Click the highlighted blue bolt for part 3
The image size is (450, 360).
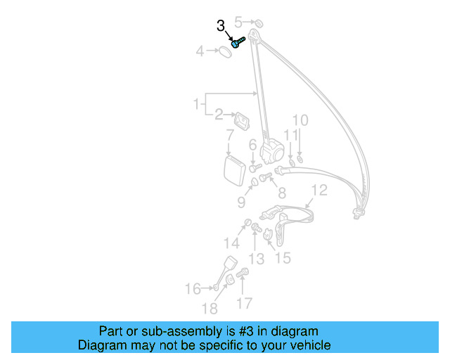[x=238, y=41]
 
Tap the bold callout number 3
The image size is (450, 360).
[x=221, y=27]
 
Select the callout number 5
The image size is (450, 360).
[x=238, y=21]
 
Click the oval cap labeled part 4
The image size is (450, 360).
[x=223, y=51]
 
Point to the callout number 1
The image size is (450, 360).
[x=196, y=105]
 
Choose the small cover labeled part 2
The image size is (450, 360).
[x=242, y=119]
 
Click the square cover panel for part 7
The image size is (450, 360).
[x=233, y=169]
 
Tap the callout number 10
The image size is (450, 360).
[x=300, y=120]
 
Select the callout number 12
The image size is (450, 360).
[x=319, y=190]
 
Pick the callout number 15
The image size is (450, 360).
[x=282, y=258]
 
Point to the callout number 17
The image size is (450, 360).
[x=244, y=304]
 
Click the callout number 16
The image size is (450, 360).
[x=192, y=288]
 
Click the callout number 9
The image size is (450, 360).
[x=241, y=202]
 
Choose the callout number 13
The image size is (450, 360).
[x=256, y=259]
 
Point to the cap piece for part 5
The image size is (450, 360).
[x=256, y=23]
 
